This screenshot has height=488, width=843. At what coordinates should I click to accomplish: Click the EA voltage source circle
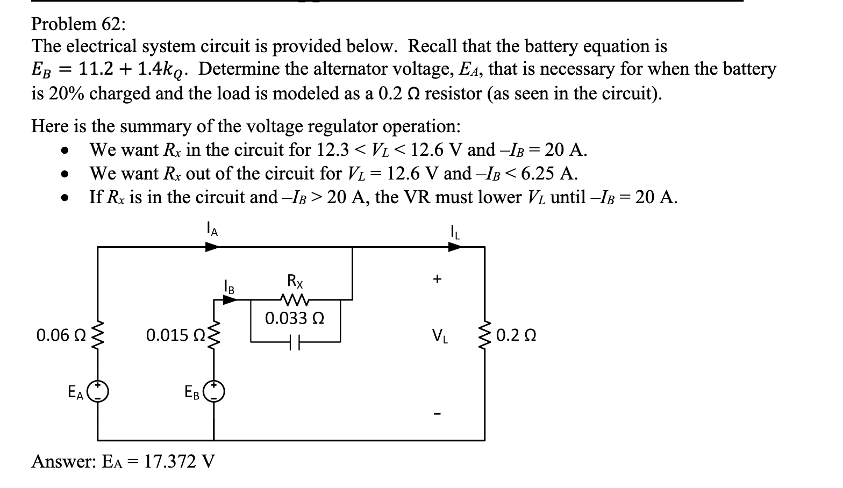click(98, 392)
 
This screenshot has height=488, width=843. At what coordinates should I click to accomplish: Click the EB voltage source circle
click(214, 392)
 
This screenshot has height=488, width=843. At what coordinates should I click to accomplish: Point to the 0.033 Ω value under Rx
click(294, 318)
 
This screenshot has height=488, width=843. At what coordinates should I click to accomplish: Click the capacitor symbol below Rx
click(295, 341)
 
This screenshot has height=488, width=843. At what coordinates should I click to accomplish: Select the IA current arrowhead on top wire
click(212, 247)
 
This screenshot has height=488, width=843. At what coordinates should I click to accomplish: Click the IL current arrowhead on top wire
click(455, 247)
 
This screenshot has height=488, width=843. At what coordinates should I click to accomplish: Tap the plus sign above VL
click(438, 279)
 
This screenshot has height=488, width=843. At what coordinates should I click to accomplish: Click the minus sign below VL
click(438, 414)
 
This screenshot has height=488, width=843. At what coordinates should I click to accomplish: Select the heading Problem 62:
click(78, 24)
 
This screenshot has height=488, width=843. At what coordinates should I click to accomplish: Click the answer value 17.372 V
click(180, 461)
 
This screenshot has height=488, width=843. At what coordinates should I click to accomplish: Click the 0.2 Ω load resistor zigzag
click(485, 336)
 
